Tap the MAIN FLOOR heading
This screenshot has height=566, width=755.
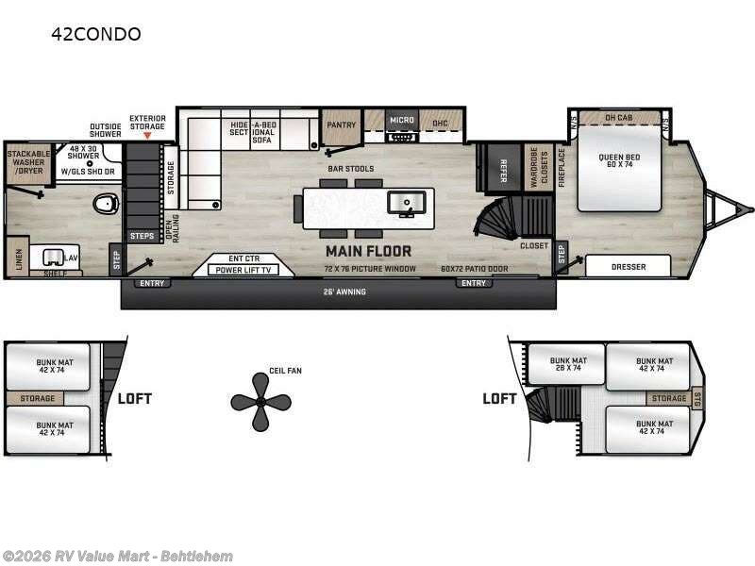point(368,251)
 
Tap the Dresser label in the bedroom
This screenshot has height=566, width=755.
point(628,267)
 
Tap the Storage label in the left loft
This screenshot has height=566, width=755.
point(37,399)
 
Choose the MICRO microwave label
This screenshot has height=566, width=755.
point(403,121)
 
